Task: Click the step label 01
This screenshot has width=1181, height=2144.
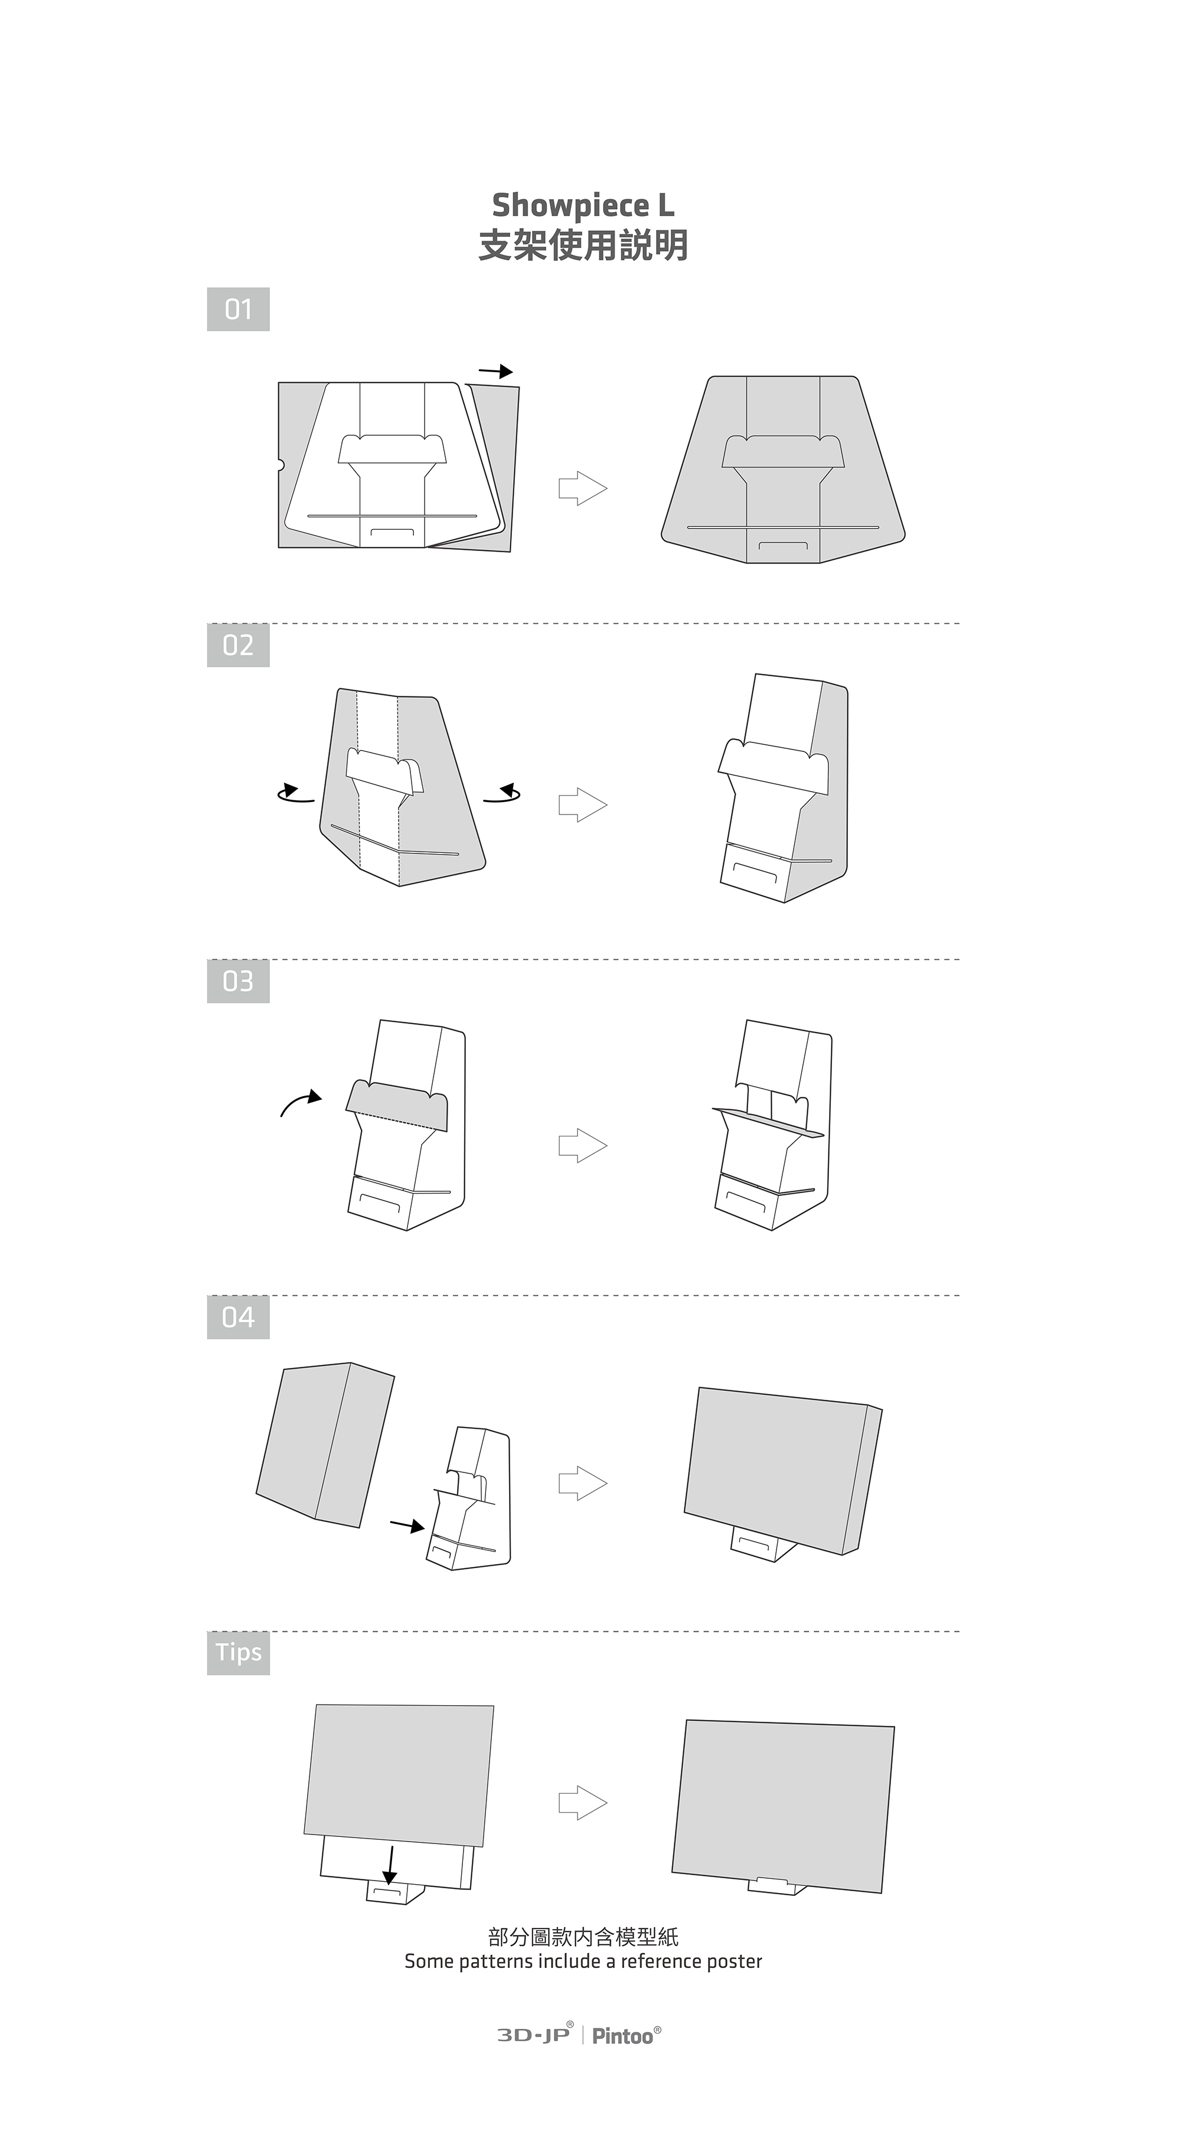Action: point(238,309)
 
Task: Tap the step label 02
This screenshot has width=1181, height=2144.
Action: point(238,645)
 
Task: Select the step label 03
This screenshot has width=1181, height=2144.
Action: point(238,981)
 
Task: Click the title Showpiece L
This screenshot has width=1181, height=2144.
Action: point(583,205)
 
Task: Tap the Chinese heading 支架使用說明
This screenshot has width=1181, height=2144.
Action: point(583,246)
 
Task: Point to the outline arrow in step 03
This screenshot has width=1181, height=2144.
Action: point(583,1146)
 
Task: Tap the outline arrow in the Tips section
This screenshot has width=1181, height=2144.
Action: point(583,1803)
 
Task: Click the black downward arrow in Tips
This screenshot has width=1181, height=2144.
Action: point(390,1866)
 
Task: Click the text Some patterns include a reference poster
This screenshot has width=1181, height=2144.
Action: point(583,1961)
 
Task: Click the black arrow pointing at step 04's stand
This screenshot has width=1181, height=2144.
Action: point(407,1526)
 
